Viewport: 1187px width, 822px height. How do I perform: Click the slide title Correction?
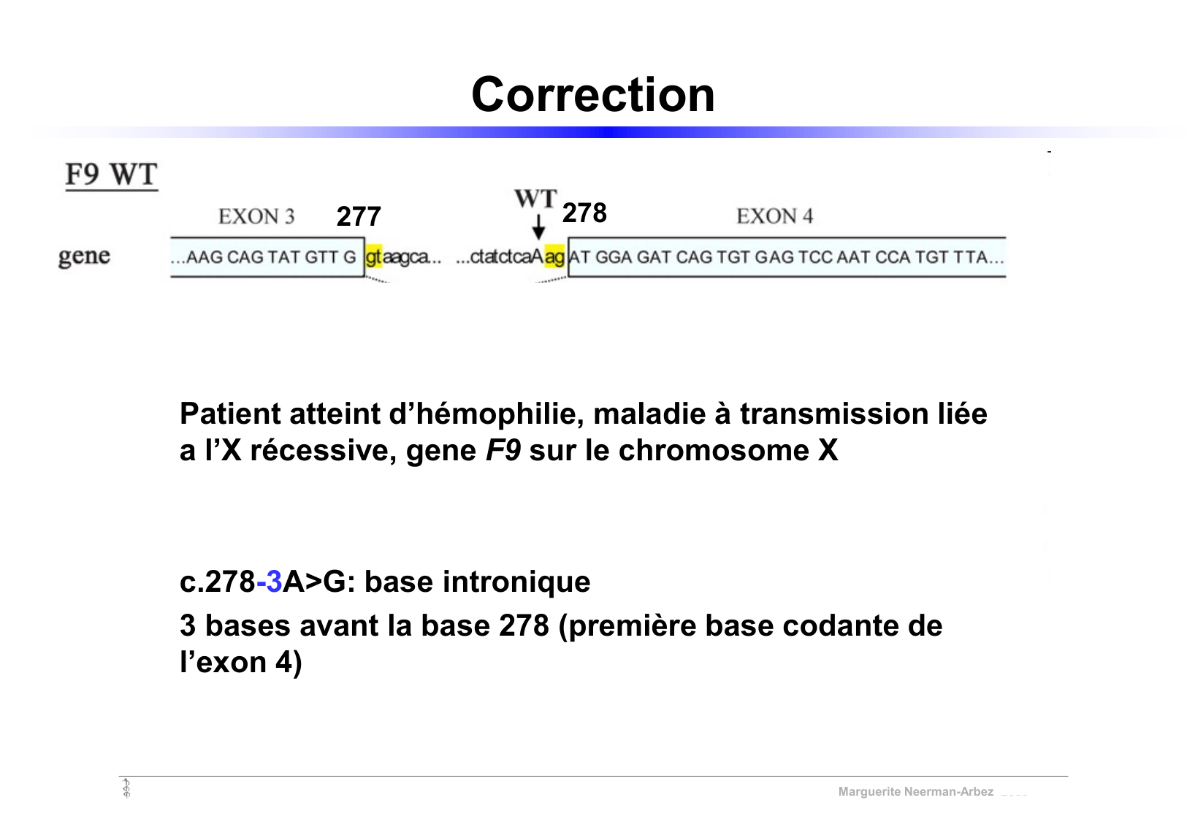(x=592, y=95)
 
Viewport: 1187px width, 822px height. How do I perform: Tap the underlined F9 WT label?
(x=112, y=175)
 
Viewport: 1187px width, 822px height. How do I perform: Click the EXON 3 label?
(x=256, y=216)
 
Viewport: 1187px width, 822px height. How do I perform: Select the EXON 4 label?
(x=774, y=216)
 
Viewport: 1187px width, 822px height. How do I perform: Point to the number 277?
(x=359, y=217)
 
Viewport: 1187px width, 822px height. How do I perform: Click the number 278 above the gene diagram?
(x=584, y=213)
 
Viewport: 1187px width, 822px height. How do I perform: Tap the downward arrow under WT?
(x=538, y=227)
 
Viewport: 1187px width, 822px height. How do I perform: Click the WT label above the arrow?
(x=535, y=199)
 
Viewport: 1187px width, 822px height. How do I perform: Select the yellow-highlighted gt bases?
(x=374, y=257)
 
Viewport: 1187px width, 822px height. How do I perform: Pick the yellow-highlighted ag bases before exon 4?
(x=554, y=257)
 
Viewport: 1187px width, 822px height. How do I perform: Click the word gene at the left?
(x=84, y=256)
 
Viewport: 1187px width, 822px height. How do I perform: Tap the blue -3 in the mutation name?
(x=270, y=582)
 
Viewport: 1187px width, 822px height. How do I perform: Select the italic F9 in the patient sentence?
(x=503, y=451)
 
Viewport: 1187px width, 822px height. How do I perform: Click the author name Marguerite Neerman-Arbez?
(x=915, y=792)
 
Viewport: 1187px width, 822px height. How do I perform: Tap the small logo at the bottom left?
(x=126, y=788)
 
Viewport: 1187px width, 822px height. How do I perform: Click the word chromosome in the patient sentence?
(x=714, y=451)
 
